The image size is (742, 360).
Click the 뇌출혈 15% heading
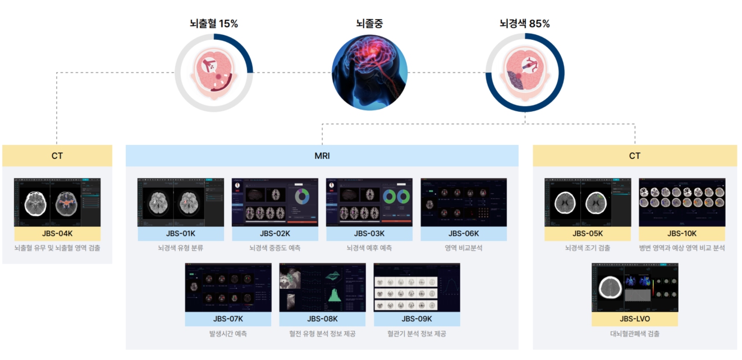pyautogui.click(x=214, y=24)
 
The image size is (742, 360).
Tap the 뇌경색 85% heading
pyautogui.click(x=524, y=24)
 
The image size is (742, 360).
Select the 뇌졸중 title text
pyautogui.click(x=369, y=24)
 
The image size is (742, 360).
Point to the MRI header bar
pyautogui.click(x=322, y=156)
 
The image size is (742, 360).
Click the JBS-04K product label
pyautogui.click(x=57, y=234)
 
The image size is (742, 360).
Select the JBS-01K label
pyautogui.click(x=181, y=234)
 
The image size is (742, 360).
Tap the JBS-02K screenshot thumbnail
pyautogui.click(x=275, y=202)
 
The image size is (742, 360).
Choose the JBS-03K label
pyautogui.click(x=369, y=234)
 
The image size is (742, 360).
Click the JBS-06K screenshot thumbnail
pyautogui.click(x=464, y=202)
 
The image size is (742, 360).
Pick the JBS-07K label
pyautogui.click(x=228, y=320)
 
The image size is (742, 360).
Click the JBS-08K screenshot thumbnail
pyautogui.click(x=322, y=287)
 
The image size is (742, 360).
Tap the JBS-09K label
pyautogui.click(x=416, y=320)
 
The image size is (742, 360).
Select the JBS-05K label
pyautogui.click(x=588, y=234)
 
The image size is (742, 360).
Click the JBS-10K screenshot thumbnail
pyautogui.click(x=682, y=202)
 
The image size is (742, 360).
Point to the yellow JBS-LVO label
pyautogui.click(x=635, y=320)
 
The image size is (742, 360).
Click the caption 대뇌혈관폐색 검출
pyautogui.click(x=635, y=334)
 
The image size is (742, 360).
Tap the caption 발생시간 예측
pyautogui.click(x=228, y=334)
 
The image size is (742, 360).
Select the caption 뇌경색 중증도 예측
pyautogui.click(x=275, y=248)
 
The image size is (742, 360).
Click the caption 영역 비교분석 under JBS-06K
pyautogui.click(x=464, y=248)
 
